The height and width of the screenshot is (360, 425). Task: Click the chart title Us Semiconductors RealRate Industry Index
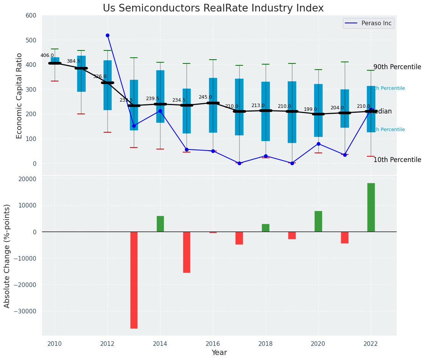click(213, 8)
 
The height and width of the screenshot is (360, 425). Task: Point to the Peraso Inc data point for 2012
click(107, 35)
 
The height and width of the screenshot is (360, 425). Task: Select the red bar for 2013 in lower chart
click(134, 280)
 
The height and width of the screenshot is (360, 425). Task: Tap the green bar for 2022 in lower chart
click(371, 207)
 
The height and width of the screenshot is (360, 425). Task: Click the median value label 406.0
click(47, 55)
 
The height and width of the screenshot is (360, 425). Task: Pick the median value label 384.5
click(73, 61)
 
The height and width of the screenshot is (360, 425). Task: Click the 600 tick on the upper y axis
click(31, 15)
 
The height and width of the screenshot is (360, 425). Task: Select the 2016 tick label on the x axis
click(213, 344)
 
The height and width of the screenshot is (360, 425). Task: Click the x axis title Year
click(219, 353)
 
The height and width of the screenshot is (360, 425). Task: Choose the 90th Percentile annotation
click(397, 67)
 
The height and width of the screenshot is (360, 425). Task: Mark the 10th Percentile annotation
click(397, 160)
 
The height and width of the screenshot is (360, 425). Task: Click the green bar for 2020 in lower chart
click(318, 221)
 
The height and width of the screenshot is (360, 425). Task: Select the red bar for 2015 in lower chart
click(187, 252)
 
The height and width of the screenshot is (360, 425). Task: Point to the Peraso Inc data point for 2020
click(318, 144)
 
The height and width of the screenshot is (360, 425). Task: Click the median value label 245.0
click(205, 97)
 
